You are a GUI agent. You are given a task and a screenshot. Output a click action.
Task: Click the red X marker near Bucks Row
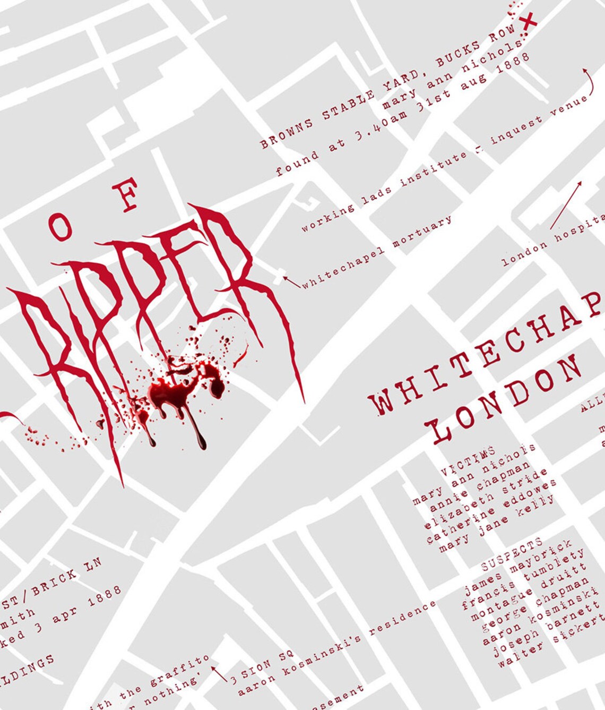coord(529,22)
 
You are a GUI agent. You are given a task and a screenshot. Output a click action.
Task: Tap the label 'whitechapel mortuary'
coord(377,253)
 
